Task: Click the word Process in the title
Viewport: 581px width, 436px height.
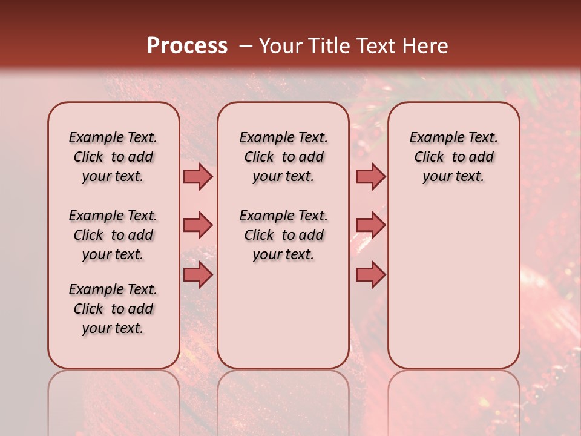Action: pos(187,46)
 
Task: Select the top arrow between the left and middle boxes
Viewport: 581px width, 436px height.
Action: pos(198,177)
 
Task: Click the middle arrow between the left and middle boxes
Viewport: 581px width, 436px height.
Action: pos(198,226)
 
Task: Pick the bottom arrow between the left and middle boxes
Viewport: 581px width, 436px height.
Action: pos(198,275)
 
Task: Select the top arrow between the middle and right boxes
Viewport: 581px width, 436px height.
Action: pos(370,177)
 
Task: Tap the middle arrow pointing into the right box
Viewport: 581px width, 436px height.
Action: pos(370,226)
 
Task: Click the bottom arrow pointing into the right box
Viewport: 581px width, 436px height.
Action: pos(370,275)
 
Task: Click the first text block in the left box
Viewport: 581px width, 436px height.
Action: pos(113,157)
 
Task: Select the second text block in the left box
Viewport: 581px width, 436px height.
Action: pos(113,235)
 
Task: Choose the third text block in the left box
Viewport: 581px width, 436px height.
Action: pos(113,309)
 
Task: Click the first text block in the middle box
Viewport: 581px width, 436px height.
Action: pos(283,157)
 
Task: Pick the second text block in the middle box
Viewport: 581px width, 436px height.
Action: pos(283,235)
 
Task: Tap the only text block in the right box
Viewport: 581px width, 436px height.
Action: pos(453,157)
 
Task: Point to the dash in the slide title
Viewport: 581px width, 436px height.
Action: pos(246,46)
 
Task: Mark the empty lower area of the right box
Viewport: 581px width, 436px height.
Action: pos(453,285)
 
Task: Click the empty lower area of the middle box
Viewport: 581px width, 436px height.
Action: pos(283,315)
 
